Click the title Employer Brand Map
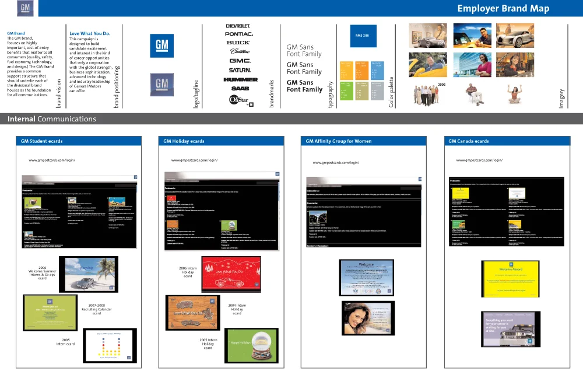click(x=503, y=8)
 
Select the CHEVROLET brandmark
click(x=237, y=26)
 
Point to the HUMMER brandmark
click(x=240, y=79)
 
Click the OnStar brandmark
click(x=239, y=100)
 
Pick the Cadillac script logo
click(x=239, y=51)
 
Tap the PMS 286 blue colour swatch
click(x=363, y=36)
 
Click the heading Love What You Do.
click(x=90, y=34)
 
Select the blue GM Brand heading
click(x=16, y=34)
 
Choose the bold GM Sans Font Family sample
click(x=304, y=86)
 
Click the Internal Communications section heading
click(x=52, y=119)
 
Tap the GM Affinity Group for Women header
click(x=339, y=141)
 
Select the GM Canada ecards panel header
click(x=469, y=141)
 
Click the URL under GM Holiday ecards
click(x=194, y=160)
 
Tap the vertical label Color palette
click(x=391, y=92)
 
